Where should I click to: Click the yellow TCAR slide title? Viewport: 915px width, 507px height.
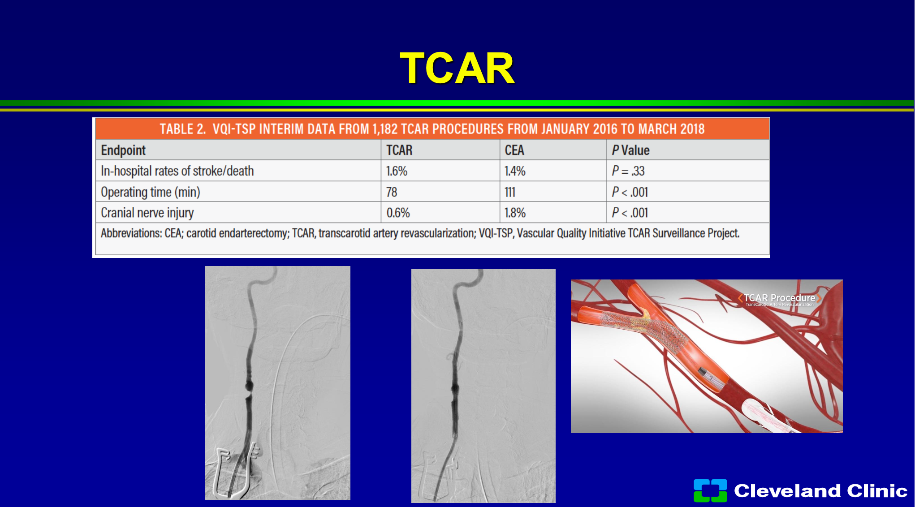click(x=457, y=68)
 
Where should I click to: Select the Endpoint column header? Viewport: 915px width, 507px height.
click(x=123, y=150)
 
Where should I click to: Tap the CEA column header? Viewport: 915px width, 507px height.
click(x=514, y=150)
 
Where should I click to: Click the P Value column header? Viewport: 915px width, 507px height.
click(x=631, y=150)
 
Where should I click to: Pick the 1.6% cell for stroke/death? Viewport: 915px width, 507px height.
click(x=397, y=171)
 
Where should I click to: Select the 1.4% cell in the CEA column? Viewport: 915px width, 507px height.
click(x=515, y=171)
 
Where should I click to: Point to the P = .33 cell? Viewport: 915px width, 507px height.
click(x=628, y=171)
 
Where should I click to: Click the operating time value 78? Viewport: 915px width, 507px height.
click(x=392, y=192)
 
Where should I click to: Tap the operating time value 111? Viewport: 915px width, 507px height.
click(x=510, y=192)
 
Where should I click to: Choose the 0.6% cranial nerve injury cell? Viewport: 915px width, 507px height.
click(x=398, y=213)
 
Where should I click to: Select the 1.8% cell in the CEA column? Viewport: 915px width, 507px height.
click(x=515, y=213)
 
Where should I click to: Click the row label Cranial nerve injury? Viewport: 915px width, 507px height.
click(x=147, y=213)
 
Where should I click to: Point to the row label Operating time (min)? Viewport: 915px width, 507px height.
click(x=150, y=192)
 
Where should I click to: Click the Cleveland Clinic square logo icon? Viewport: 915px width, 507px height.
click(x=710, y=490)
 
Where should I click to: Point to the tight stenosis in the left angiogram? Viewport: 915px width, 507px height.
click(x=248, y=392)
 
